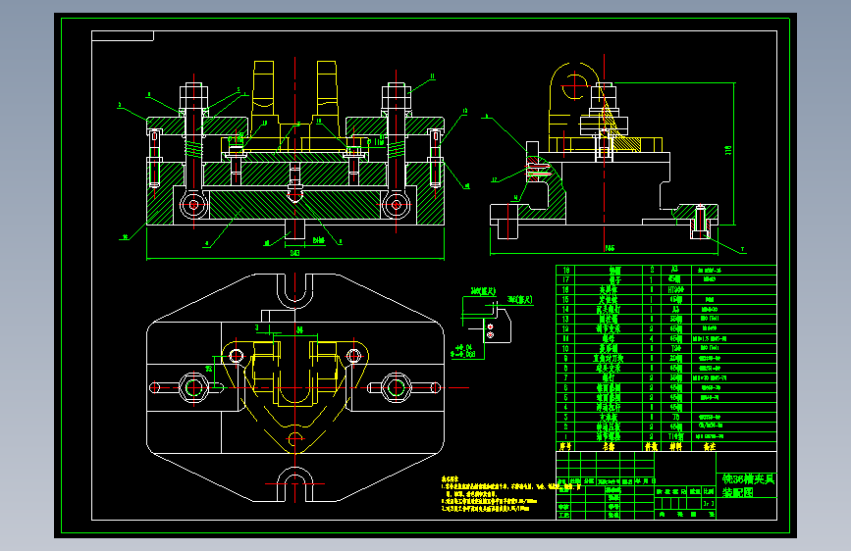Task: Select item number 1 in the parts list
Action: tap(564, 435)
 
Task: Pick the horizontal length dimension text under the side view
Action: tap(610, 248)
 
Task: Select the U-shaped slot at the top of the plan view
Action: tap(294, 287)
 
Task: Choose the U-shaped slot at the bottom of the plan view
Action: tap(294, 481)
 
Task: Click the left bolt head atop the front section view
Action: tap(191, 96)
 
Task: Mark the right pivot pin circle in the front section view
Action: tap(396, 204)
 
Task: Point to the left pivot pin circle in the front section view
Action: tap(193, 204)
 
